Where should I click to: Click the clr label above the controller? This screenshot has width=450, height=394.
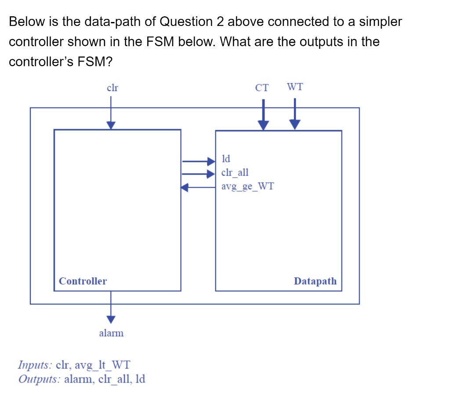click(x=112, y=88)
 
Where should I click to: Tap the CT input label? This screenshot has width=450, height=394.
click(x=262, y=88)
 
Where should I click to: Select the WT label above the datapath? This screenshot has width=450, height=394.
click(x=294, y=87)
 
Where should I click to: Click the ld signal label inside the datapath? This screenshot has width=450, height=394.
click(x=226, y=158)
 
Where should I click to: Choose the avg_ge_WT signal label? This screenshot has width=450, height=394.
click(x=247, y=186)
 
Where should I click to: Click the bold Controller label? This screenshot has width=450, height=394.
click(x=83, y=281)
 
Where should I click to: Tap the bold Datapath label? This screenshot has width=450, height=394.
click(x=315, y=281)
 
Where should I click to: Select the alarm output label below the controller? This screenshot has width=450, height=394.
click(x=111, y=333)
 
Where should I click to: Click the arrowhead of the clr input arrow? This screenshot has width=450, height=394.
click(x=111, y=125)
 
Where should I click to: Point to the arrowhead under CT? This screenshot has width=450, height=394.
click(x=263, y=125)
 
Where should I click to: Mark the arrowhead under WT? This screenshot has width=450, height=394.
click(x=295, y=125)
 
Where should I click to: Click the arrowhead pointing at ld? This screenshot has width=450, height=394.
click(x=211, y=161)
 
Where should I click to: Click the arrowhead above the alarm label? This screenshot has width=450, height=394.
click(x=111, y=318)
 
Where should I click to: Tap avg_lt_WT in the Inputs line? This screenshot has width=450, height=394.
click(x=102, y=365)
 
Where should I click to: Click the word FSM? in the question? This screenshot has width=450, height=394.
click(x=95, y=62)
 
